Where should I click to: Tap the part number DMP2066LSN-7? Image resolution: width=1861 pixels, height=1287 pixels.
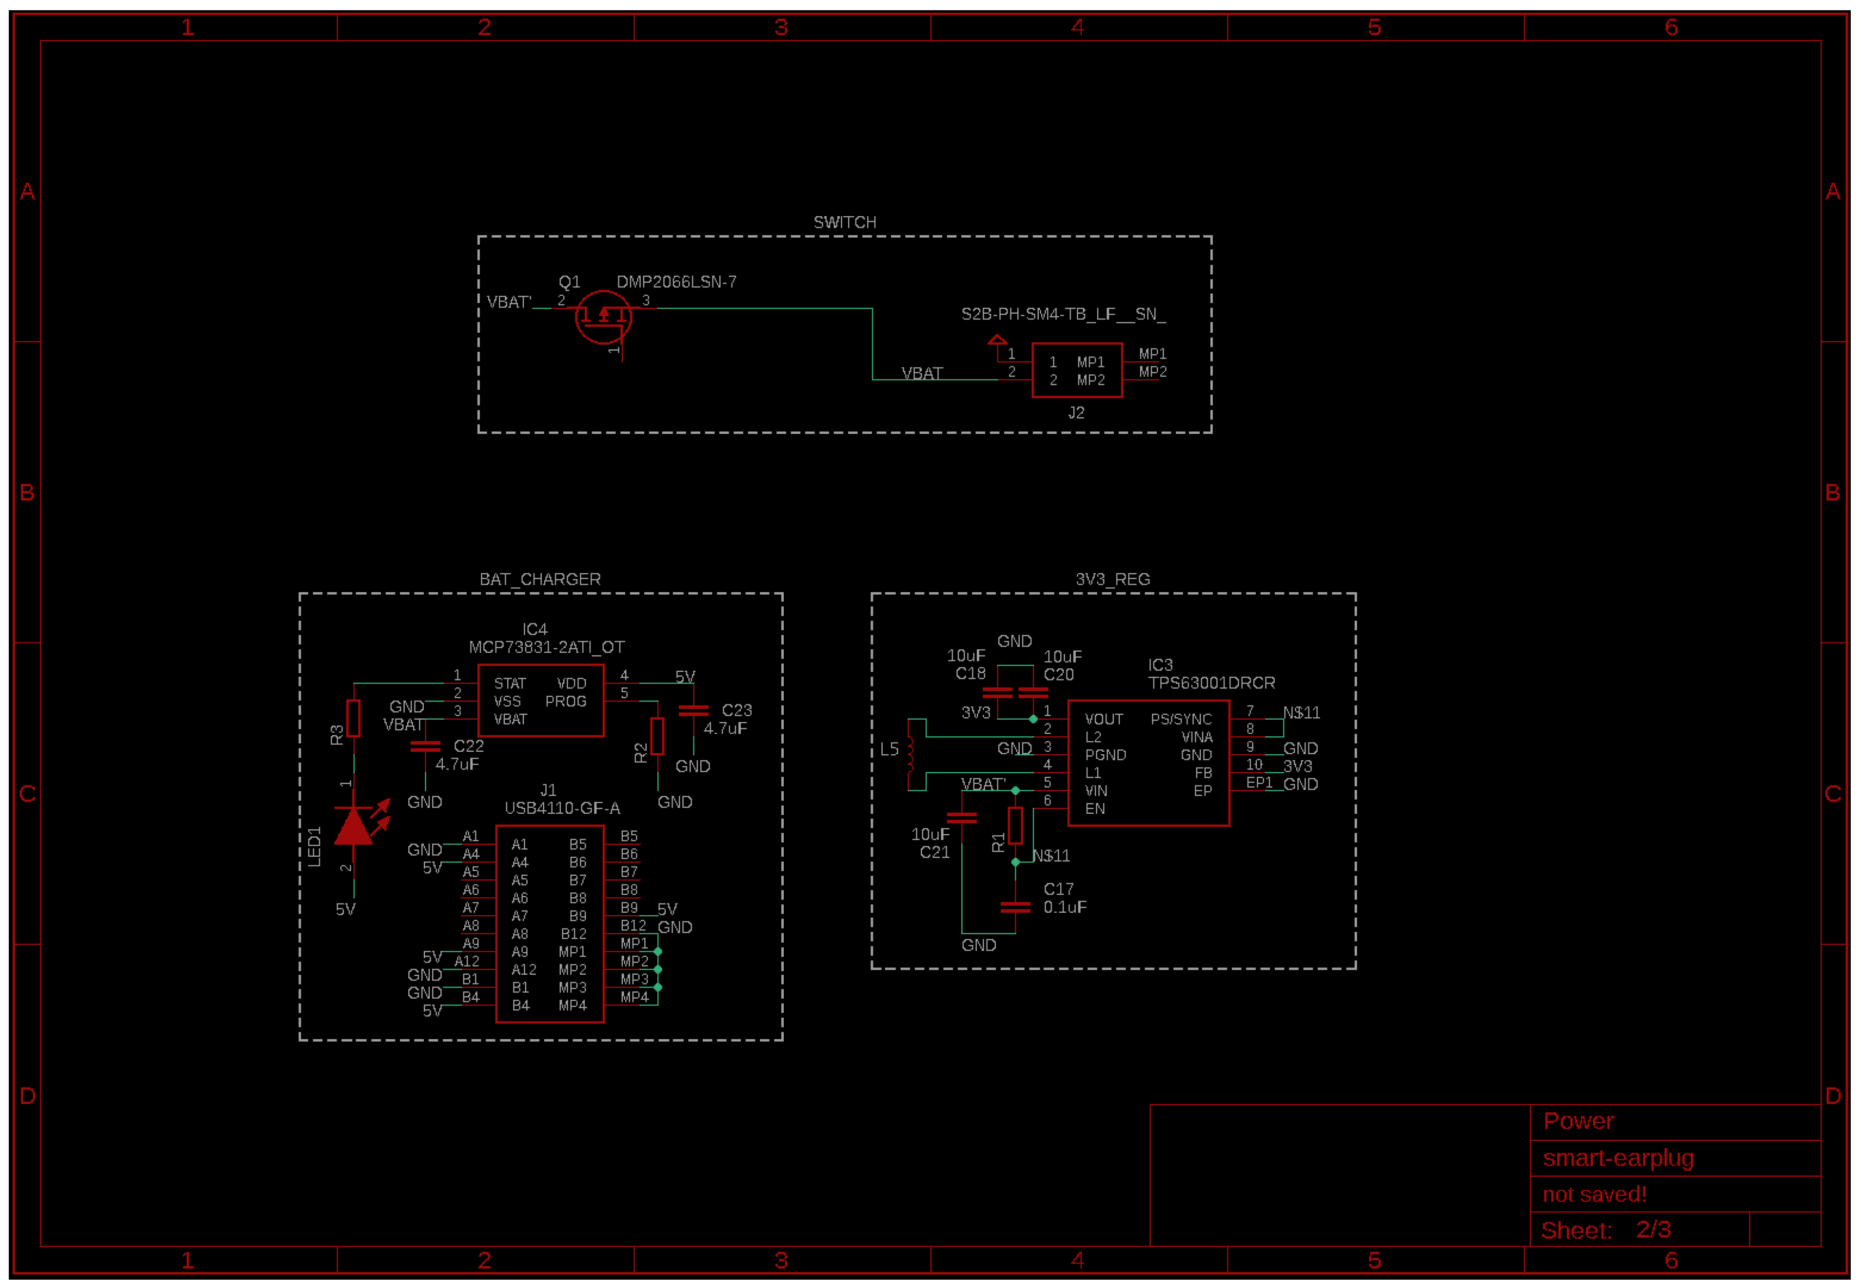[x=676, y=282]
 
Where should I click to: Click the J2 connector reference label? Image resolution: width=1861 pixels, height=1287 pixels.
[x=1076, y=413]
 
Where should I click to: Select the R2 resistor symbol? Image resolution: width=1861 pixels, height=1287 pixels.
[x=658, y=735]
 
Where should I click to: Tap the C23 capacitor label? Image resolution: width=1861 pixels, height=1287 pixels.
[x=737, y=710]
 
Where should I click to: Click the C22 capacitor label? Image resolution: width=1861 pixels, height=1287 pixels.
[x=468, y=746]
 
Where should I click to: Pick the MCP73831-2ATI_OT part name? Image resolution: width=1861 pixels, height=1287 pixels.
[x=547, y=647]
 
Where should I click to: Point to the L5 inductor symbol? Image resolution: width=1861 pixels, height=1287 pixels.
[x=911, y=754]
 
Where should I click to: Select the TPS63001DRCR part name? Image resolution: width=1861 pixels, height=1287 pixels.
[x=1211, y=683]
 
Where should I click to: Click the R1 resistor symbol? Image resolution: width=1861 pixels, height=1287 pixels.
[x=1015, y=825]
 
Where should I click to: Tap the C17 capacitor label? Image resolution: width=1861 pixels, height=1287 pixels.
[x=1058, y=888]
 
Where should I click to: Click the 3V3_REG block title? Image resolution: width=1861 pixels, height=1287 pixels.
[x=1112, y=579]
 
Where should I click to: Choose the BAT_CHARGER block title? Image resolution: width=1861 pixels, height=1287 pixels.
[x=540, y=579]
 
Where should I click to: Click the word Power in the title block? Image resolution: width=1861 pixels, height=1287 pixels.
[x=1578, y=1121]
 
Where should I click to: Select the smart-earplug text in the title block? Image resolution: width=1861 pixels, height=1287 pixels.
[x=1618, y=1158]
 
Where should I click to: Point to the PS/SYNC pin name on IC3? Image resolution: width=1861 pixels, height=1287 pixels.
[x=1181, y=719]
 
